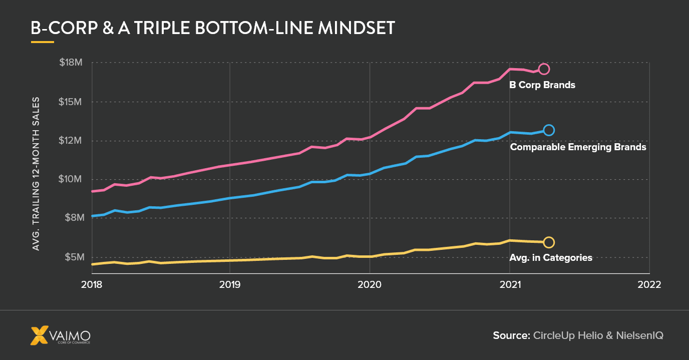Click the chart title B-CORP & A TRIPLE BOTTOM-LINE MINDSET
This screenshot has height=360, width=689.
point(213,28)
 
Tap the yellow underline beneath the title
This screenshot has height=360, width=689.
point(42,42)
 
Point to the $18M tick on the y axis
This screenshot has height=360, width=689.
point(70,63)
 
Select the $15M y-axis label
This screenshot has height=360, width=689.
point(70,102)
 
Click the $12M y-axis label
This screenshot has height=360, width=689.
point(70,141)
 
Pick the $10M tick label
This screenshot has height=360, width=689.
point(70,179)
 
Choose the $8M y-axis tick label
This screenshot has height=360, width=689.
point(71,218)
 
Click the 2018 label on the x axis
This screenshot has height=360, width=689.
point(92,284)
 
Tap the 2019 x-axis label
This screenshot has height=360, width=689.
point(230,284)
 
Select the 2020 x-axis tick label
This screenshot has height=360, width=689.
point(370,284)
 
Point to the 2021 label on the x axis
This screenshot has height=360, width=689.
point(509,284)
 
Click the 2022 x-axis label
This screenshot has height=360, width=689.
point(649,284)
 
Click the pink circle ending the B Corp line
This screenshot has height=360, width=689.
point(544,69)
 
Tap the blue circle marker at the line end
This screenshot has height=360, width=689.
point(549,130)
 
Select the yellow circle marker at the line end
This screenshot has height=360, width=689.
point(549,242)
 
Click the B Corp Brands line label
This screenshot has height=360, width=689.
point(542,85)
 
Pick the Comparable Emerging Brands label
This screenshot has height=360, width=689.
point(578,147)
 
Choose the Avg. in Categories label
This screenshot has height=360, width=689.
point(551,258)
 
